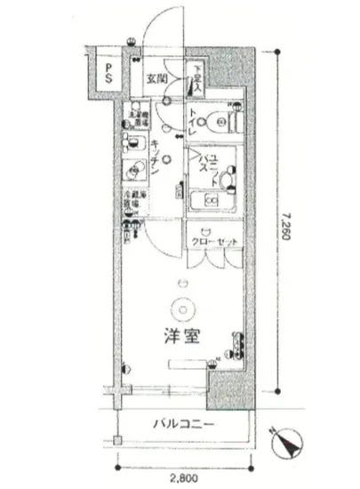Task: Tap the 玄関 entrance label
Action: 156,77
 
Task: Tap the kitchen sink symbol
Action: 134,142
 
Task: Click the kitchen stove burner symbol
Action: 133,169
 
